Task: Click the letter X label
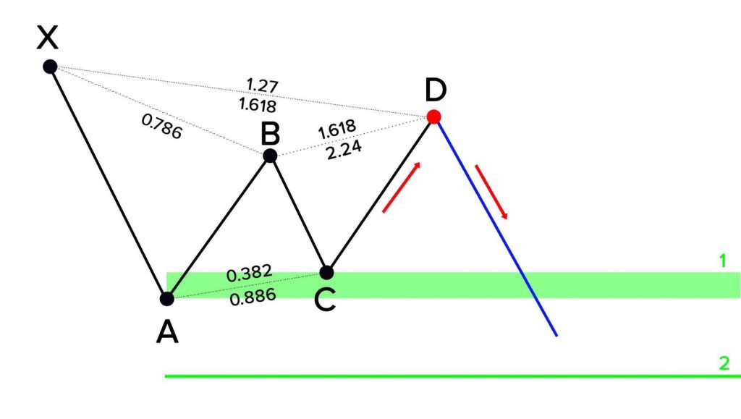point(47,38)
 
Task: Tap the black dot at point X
point(50,67)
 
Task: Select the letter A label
point(167,331)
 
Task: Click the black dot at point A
point(167,299)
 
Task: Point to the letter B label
point(271,134)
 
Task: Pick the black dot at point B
point(270,156)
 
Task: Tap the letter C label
point(325,300)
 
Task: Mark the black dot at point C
point(326,273)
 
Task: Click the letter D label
point(436,90)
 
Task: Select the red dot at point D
point(434,117)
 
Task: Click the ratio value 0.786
point(161,127)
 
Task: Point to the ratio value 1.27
point(262,85)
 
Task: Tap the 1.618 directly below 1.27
point(258,105)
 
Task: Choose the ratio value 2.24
point(344,150)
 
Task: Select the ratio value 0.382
point(250,273)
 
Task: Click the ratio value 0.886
point(253,297)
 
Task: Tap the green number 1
point(723,261)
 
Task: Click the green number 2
point(724,363)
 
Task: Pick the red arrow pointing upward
point(401,187)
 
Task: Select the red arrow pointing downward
point(491,192)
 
